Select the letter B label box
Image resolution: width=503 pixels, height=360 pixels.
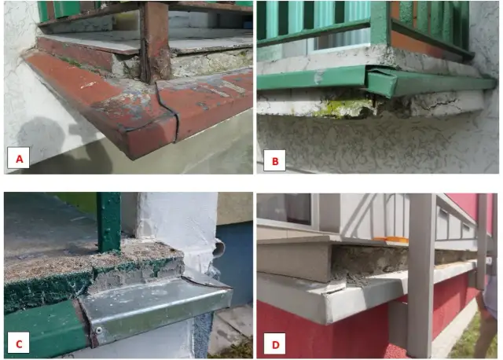pyautogui.click(x=274, y=162)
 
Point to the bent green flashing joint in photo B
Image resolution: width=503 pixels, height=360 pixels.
pyautogui.click(x=369, y=79)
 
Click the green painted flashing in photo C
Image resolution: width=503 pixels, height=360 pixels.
pyautogui.click(x=39, y=322)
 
